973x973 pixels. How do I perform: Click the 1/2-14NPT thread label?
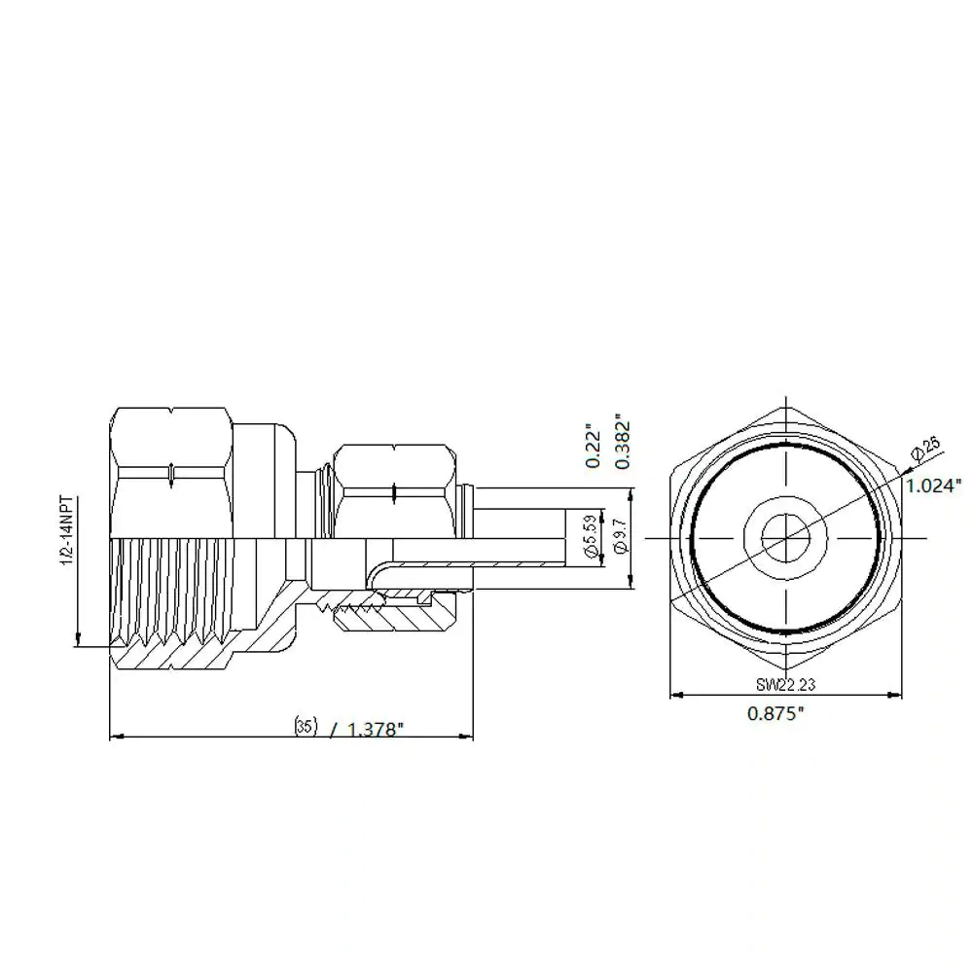click(68, 530)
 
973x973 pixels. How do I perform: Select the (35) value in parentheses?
click(306, 726)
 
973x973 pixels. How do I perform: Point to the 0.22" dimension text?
click(594, 446)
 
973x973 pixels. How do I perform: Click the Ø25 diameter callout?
click(925, 448)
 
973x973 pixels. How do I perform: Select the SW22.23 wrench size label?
click(785, 684)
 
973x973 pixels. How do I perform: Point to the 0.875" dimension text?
click(775, 713)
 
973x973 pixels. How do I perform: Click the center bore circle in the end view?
click(785, 538)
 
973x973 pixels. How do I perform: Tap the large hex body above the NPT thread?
click(170, 473)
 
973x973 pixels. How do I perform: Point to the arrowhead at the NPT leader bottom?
click(78, 639)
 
